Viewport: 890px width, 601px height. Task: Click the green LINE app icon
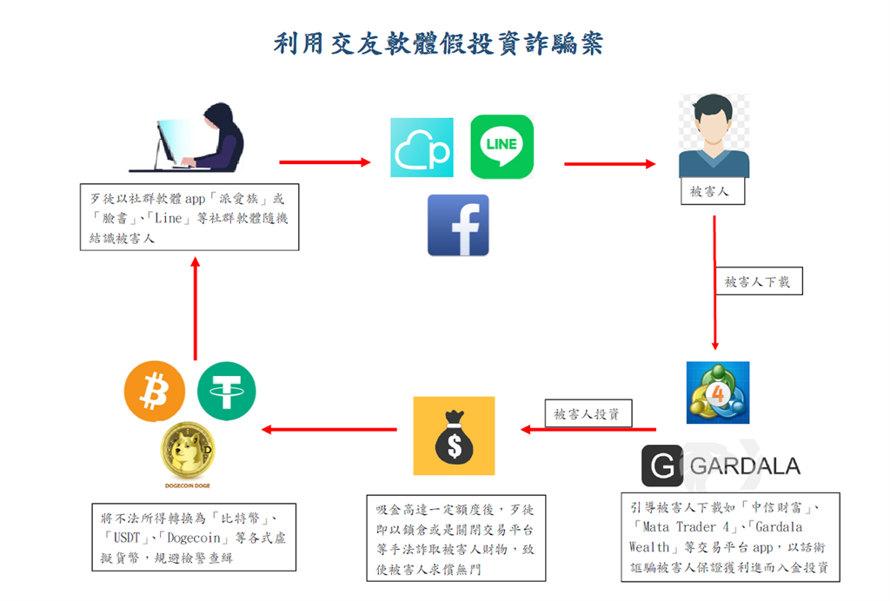coord(501,147)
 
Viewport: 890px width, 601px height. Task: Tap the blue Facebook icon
coord(458,225)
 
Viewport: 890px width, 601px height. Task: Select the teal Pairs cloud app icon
coord(422,148)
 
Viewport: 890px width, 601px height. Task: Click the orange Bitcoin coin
coord(155,392)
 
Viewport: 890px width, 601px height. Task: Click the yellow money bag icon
coord(453,438)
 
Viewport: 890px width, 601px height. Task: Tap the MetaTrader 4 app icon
coord(718,393)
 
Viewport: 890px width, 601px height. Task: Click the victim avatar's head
coord(714,120)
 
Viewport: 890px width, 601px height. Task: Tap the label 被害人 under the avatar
coord(712,192)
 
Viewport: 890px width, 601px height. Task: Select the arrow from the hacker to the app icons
coord(324,162)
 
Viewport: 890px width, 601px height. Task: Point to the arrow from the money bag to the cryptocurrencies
coord(329,429)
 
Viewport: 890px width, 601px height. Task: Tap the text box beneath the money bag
coord(455,538)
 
